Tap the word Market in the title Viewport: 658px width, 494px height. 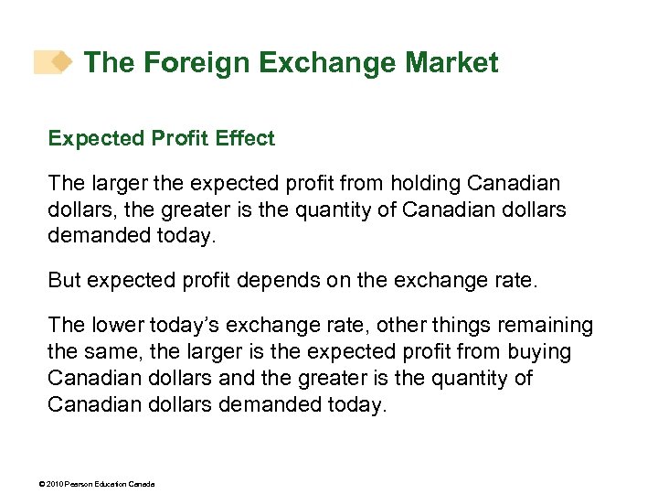point(451,63)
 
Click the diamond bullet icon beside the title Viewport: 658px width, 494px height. point(61,61)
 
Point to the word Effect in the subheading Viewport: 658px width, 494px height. point(245,138)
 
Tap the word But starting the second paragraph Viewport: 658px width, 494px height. point(64,280)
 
